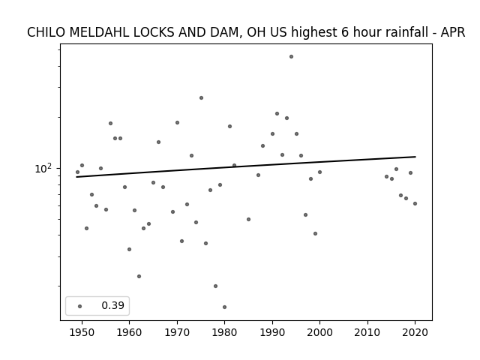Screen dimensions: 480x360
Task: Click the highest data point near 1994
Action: pos(291,57)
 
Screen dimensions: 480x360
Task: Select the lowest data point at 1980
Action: pos(224,307)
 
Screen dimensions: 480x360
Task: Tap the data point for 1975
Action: pos(201,98)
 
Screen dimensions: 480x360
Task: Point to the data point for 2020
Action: pos(415,203)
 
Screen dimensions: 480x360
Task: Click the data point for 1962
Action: pos(139,277)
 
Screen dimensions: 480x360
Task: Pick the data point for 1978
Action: pos(215,286)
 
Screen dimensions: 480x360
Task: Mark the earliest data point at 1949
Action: pos(77,172)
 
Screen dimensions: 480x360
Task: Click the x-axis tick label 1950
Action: pos(82,332)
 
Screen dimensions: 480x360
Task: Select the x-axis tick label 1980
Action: pos(224,332)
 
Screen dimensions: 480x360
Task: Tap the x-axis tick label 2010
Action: pos(367,332)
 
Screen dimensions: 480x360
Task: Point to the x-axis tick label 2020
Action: pos(415,332)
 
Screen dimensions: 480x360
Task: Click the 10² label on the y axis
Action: pos(43,168)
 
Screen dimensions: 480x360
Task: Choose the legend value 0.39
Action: pos(112,305)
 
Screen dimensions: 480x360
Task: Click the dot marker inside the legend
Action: pos(79,306)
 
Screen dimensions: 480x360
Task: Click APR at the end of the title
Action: pos(453,32)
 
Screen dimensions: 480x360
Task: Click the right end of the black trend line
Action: pos(415,157)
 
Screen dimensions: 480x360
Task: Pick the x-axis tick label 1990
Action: pos(272,332)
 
